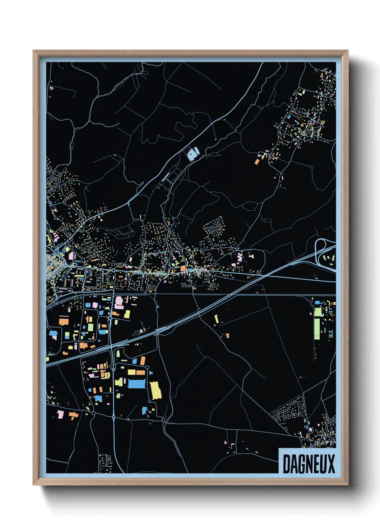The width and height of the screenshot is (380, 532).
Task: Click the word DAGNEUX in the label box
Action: coord(309,464)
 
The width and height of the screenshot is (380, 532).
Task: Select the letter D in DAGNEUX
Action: coord(287,464)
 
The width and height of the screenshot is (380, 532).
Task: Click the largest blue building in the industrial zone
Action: coord(136,384)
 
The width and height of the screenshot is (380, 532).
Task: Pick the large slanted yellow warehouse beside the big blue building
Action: coord(156,390)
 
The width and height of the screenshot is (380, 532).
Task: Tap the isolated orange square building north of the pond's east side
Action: coord(257,162)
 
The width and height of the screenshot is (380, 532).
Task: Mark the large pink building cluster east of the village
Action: coord(240,257)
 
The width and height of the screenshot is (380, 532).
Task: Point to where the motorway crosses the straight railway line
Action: coord(230,294)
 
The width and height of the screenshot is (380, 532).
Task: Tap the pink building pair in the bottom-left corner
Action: coord(60,414)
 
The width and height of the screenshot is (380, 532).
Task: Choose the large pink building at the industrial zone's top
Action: coord(119,302)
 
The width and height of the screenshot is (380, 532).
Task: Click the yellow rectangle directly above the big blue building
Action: coord(131,372)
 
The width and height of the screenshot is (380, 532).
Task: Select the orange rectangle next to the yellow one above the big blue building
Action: coord(141,372)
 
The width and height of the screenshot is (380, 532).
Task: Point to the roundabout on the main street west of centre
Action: coord(113,270)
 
